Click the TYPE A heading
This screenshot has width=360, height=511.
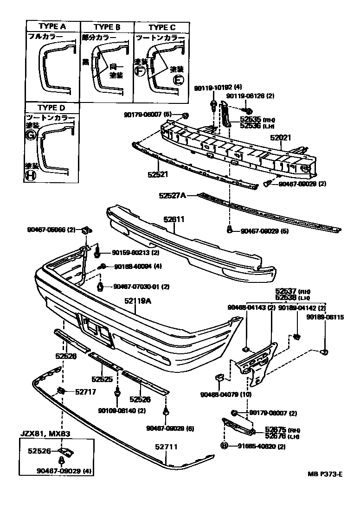coord(52,27)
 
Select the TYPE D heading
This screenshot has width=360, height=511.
coord(52,108)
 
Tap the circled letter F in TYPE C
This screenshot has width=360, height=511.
coord(140,71)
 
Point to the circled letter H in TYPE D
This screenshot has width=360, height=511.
coord(31,175)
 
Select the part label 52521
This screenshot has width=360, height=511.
coord(158,174)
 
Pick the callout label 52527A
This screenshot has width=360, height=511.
coord(172,196)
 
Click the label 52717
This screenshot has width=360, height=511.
coord(86,391)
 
